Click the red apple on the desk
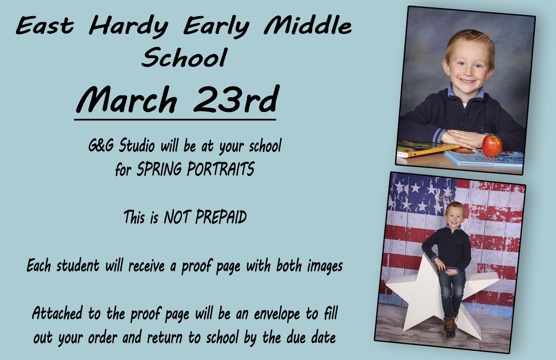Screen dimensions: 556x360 click(492, 146)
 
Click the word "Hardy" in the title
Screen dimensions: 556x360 click(128, 27)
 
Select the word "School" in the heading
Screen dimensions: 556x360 click(185, 57)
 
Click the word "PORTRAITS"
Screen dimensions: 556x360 click(220, 169)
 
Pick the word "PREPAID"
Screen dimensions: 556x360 click(220, 217)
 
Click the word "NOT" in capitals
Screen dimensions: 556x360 click(178, 217)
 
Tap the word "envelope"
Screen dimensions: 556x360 click(276, 314)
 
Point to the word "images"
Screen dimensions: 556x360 click(325, 267)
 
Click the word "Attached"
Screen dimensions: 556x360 click(57, 313)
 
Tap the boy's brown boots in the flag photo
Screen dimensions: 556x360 click(450, 327)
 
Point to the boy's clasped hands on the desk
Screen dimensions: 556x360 click(462, 138)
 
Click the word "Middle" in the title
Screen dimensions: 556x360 click(308, 26)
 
